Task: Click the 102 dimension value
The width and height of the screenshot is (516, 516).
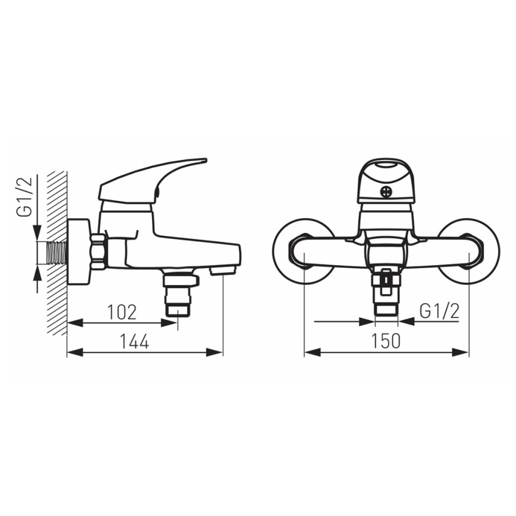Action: (122, 311)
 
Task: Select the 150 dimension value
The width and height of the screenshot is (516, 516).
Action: (386, 341)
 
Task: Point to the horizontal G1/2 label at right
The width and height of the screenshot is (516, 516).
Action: (439, 311)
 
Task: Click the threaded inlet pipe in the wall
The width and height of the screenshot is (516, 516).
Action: (57, 252)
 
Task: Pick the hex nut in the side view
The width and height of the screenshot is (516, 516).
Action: (99, 251)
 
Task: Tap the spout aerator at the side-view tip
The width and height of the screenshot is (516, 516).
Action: (223, 270)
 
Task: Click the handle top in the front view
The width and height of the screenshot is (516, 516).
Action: (386, 169)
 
